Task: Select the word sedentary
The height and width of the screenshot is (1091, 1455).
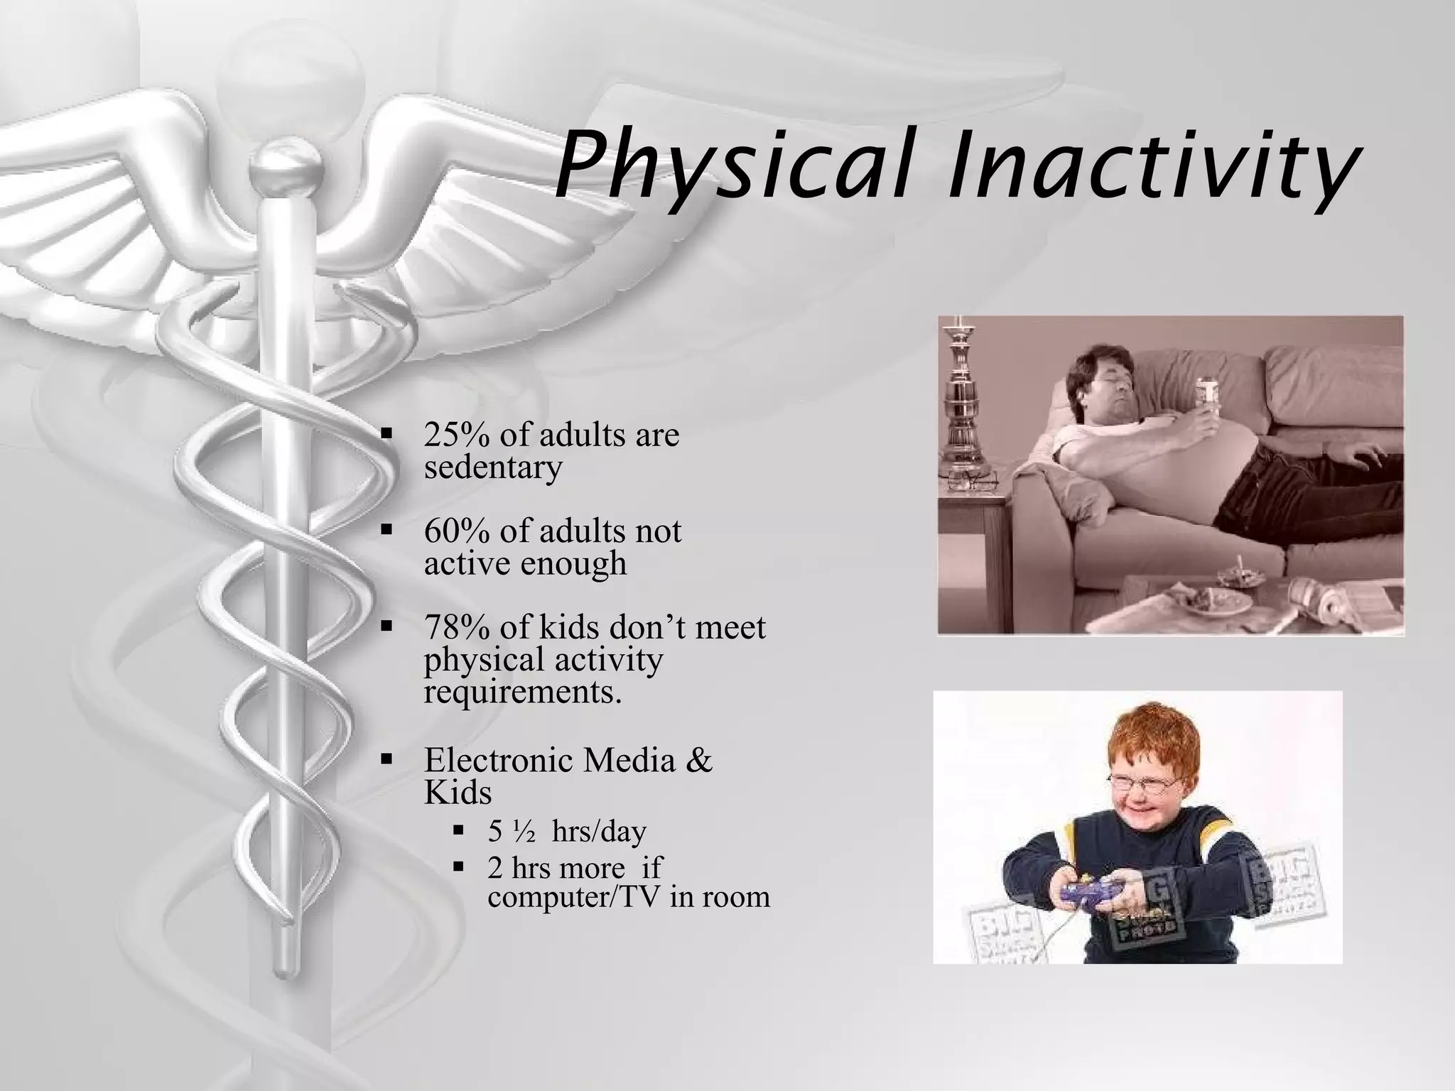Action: (x=492, y=467)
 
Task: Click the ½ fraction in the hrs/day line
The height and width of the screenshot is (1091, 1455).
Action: (x=526, y=832)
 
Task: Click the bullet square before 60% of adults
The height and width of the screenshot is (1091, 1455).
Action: (x=386, y=529)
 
